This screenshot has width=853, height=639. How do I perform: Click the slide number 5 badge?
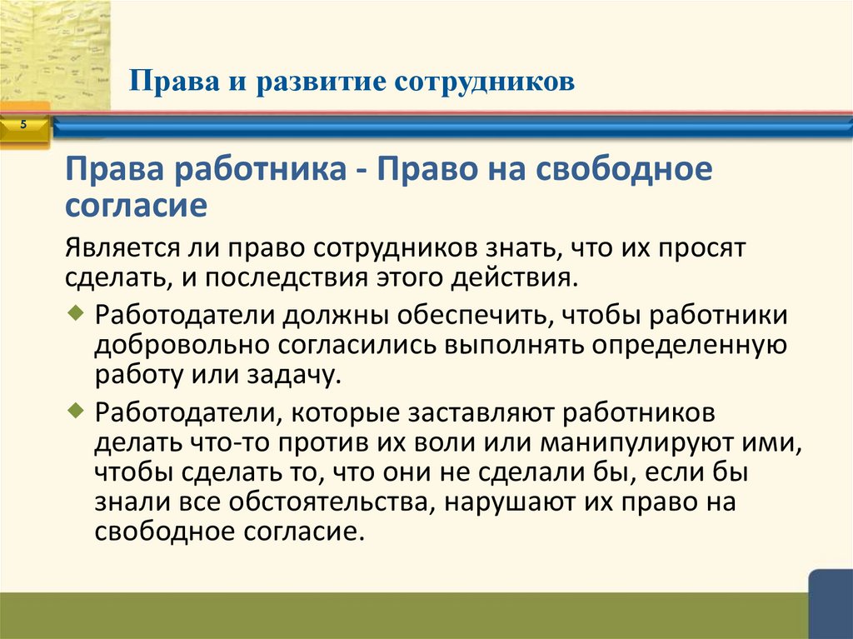tap(23, 125)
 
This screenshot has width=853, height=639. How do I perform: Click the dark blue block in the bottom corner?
tap(831, 605)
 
